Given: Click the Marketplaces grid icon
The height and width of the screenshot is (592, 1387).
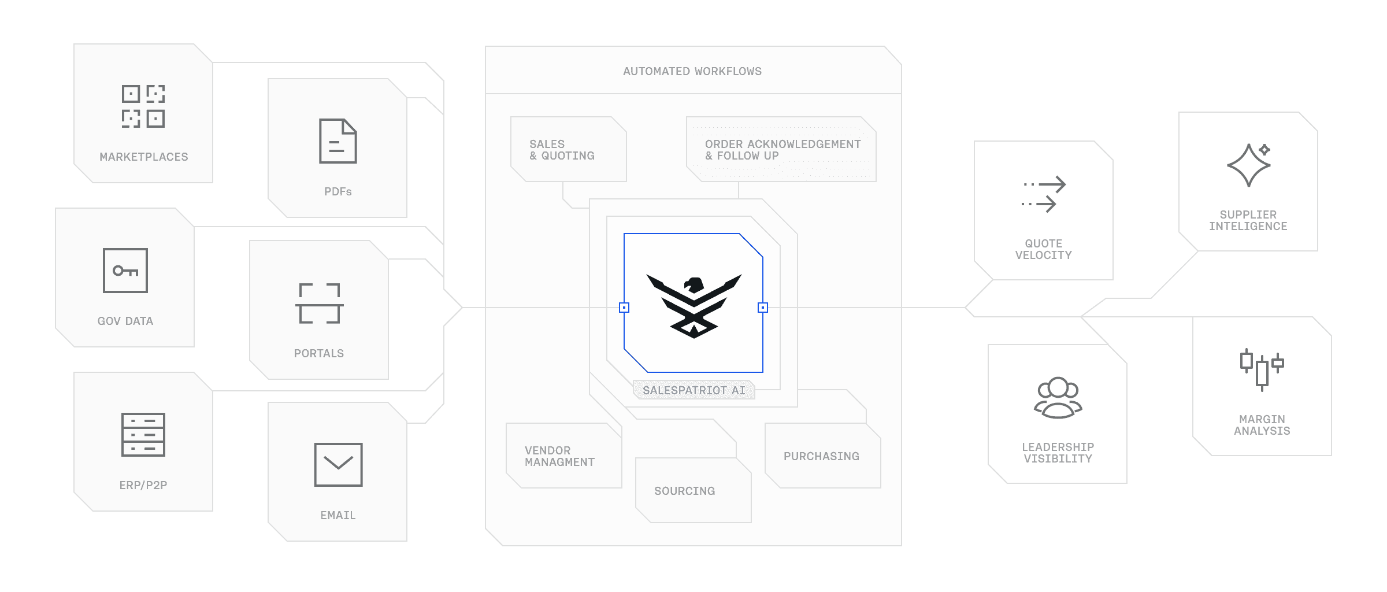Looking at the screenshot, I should click(x=143, y=106).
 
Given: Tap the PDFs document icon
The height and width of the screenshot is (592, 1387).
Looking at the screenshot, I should click(x=338, y=141).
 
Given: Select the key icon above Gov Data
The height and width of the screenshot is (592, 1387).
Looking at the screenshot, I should click(x=125, y=271).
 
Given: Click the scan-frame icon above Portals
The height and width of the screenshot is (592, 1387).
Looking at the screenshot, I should click(x=319, y=304).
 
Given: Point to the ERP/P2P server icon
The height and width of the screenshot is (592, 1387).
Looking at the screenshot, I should click(x=143, y=435).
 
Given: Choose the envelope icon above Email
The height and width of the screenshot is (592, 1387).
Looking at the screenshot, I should click(x=338, y=464).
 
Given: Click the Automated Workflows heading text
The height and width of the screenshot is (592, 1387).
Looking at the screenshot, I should click(x=692, y=71).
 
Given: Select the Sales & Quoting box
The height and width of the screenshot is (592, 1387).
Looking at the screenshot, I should click(x=569, y=150).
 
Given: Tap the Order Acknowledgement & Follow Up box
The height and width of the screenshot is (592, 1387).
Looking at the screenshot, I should click(x=781, y=150).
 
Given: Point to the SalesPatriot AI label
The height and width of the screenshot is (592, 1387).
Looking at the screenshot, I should click(x=693, y=390).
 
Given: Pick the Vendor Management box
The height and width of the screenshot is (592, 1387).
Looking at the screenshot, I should click(x=563, y=456).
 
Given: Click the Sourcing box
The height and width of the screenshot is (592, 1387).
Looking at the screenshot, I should click(x=693, y=491).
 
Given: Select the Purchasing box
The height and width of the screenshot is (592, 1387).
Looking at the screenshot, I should click(x=822, y=456).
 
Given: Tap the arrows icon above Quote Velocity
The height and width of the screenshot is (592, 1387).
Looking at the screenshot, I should click(x=1044, y=194).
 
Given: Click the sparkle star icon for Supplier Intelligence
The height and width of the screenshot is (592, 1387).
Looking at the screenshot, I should click(x=1249, y=165).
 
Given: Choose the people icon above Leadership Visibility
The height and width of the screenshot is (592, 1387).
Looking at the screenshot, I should click(x=1058, y=398).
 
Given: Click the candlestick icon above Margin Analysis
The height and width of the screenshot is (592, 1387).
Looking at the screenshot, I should click(x=1262, y=370).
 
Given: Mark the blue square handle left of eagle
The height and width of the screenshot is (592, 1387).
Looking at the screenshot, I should click(x=624, y=308).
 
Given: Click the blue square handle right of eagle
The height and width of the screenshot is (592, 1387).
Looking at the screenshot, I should click(x=763, y=308).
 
